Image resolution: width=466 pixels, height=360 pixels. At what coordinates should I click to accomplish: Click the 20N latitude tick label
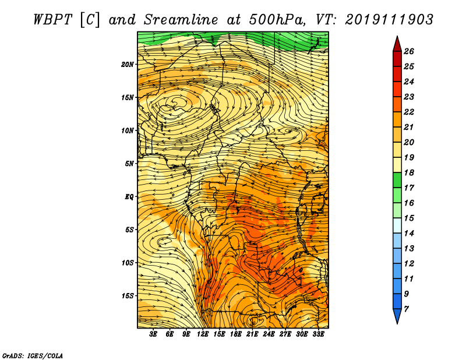tap(127, 65)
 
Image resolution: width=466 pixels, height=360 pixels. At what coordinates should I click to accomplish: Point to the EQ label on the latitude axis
tap(129, 197)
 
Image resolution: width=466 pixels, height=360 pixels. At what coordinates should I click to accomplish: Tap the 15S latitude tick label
tap(128, 296)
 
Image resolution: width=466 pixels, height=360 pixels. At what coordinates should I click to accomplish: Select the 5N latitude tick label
tap(129, 164)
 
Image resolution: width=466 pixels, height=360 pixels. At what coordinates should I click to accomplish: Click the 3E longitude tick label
tap(153, 334)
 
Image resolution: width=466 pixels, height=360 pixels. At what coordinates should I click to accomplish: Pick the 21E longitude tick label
tap(252, 334)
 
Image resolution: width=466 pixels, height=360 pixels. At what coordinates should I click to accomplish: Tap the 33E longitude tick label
tap(318, 334)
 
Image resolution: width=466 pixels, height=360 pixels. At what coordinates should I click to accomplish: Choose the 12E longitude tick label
tap(202, 334)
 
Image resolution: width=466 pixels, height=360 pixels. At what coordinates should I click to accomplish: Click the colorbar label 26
tap(409, 51)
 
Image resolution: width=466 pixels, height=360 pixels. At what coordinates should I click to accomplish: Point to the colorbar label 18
tap(409, 172)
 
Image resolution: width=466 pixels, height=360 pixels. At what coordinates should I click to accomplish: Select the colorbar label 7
tap(406, 309)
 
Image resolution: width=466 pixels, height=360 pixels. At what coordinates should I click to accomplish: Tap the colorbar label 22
tap(409, 112)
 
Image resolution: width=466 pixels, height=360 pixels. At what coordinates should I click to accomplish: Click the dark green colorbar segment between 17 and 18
tap(397, 180)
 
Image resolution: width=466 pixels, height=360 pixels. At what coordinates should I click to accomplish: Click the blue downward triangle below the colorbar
tap(397, 315)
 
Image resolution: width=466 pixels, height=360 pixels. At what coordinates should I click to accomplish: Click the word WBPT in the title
tap(53, 20)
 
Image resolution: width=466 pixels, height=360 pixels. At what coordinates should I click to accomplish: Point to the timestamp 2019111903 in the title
tap(389, 20)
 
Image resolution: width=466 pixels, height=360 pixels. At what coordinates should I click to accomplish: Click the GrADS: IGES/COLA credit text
tap(33, 355)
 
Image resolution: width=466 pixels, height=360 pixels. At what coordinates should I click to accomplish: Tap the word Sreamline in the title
tap(181, 20)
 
